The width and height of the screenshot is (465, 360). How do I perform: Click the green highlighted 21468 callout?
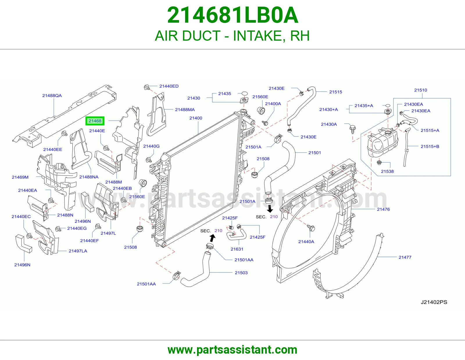click(x=95, y=121)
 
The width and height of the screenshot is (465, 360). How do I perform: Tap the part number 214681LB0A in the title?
click(x=233, y=15)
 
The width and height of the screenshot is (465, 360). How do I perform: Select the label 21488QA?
click(x=52, y=96)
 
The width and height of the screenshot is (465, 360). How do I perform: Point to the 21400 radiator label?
click(x=196, y=118)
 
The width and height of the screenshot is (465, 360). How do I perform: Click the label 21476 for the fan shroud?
click(x=383, y=209)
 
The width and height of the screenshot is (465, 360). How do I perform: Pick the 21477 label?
click(x=405, y=257)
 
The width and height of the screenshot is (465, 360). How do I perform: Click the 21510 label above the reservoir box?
click(x=421, y=90)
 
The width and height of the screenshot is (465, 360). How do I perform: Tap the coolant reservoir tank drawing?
click(x=382, y=142)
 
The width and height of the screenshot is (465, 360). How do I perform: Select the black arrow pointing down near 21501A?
click(x=270, y=209)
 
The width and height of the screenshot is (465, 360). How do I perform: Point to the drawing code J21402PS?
click(x=434, y=302)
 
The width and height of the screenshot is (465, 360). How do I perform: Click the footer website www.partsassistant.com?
click(x=233, y=350)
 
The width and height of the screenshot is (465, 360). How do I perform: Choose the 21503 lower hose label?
click(x=241, y=273)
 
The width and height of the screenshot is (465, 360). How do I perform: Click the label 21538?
click(x=387, y=171)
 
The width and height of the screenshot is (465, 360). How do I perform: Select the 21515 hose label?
click(x=336, y=92)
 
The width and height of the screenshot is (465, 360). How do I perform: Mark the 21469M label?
click(x=20, y=177)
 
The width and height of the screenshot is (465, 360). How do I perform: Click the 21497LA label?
click(x=78, y=251)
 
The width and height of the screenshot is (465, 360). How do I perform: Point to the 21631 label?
click(x=237, y=249)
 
